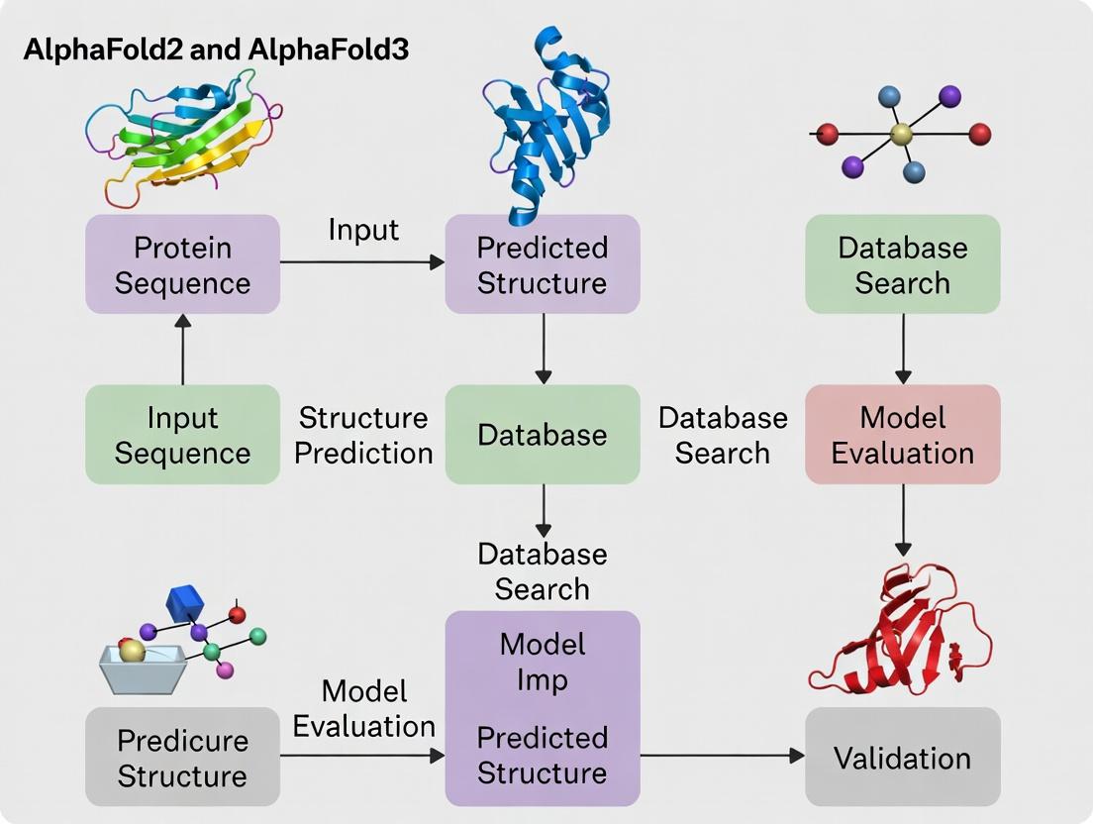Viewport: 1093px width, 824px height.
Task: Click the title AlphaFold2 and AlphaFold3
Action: coord(216,50)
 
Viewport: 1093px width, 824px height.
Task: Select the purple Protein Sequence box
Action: coord(182,264)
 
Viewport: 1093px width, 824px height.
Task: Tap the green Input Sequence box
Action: coord(182,435)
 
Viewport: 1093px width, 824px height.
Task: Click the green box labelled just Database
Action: coord(542,435)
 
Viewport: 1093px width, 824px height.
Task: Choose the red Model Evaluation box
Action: coord(902,435)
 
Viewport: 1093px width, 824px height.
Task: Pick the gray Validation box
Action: coord(902,758)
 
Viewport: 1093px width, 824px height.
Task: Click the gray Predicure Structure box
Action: coord(182,758)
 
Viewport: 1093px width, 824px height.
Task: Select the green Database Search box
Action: coord(902,264)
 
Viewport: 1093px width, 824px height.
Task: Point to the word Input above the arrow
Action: coord(363,230)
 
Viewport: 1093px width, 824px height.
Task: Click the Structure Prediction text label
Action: coord(363,435)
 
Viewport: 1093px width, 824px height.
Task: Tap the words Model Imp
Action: coord(542,662)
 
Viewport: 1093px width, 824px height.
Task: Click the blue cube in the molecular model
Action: coord(184,603)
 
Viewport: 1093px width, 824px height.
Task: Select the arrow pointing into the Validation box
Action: coord(723,756)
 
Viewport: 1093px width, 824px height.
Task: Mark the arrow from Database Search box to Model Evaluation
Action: coord(902,349)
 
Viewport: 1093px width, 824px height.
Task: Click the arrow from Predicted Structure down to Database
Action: coord(543,349)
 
